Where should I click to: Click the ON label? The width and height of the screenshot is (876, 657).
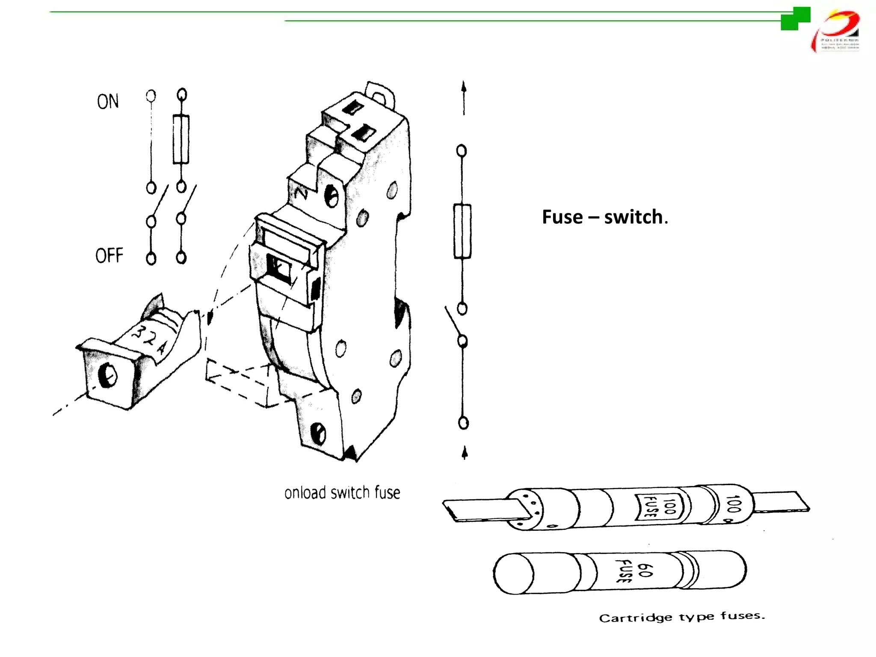tap(108, 102)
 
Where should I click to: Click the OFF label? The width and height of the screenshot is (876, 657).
tap(109, 255)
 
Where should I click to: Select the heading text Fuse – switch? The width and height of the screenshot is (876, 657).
tap(604, 217)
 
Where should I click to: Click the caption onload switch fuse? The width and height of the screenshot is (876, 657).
tap(342, 493)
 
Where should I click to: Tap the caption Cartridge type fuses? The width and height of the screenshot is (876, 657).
tap(681, 617)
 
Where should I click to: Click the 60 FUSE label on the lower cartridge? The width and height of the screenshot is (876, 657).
tap(635, 571)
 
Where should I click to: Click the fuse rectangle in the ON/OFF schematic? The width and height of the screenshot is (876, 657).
tap(181, 139)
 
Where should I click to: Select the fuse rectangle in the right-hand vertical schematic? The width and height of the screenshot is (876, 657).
tap(462, 231)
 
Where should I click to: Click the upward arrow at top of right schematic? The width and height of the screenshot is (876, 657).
tap(464, 96)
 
